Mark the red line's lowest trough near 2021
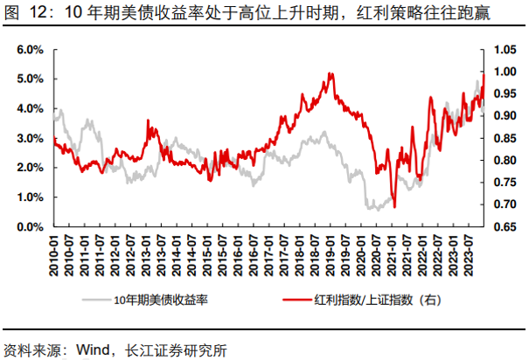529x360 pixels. (394, 207)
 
